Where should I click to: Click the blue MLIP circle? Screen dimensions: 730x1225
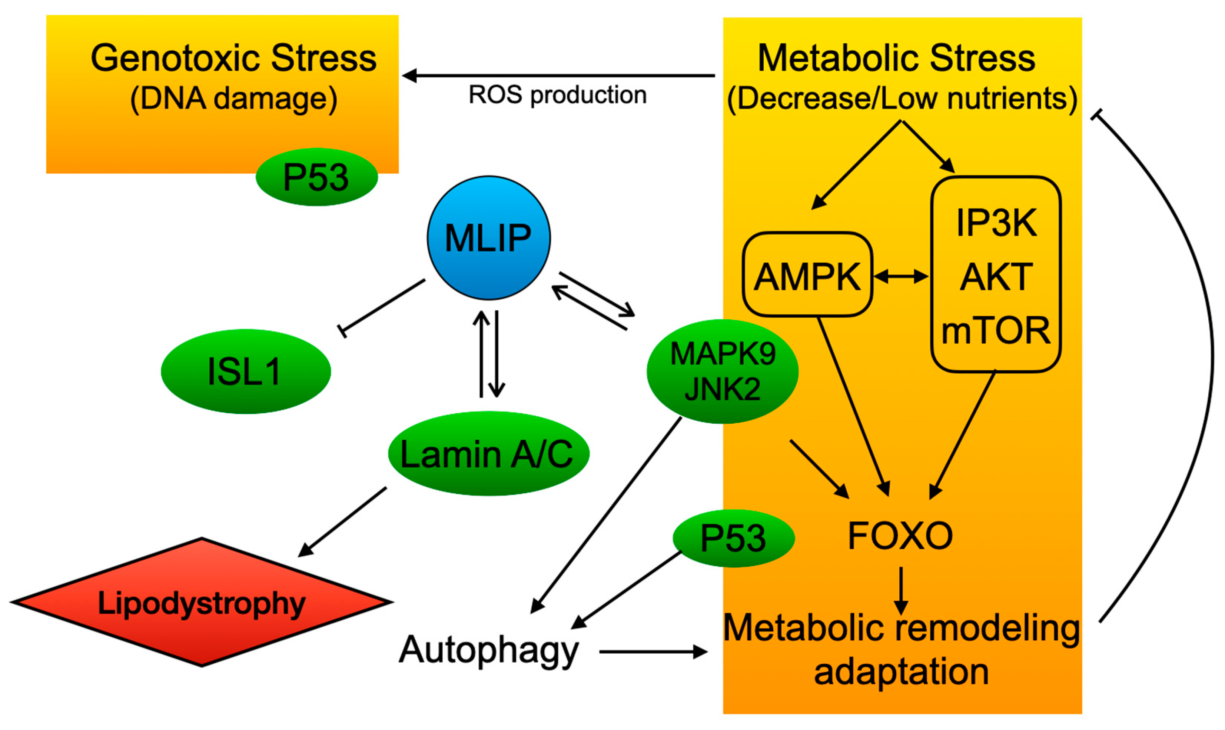point(488,238)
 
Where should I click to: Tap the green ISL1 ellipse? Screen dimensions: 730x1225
point(246,371)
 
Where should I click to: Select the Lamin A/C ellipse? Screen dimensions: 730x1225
point(488,454)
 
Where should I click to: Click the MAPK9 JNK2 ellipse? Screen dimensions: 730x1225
point(722,371)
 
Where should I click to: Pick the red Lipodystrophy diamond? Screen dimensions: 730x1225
point(202,602)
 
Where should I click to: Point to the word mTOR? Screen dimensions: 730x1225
point(995,331)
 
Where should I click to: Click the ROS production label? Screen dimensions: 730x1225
point(557,95)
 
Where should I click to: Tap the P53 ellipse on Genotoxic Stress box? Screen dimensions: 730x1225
point(316,177)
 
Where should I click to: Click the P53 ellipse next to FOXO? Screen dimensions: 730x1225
point(733,538)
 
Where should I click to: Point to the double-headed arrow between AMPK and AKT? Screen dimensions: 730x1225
point(901,276)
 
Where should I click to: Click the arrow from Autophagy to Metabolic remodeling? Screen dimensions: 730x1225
point(652,652)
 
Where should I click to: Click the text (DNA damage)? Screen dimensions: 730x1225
point(233,99)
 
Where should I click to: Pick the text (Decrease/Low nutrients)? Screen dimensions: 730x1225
point(902,99)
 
